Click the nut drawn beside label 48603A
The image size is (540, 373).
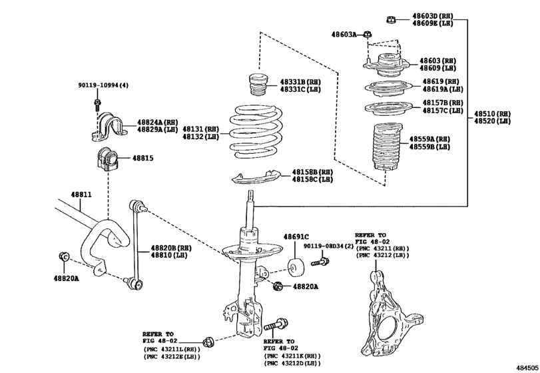pyautogui.click(x=368, y=34)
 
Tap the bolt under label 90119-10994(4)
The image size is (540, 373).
pyautogui.click(x=97, y=104)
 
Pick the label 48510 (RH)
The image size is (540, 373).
pyautogui.click(x=492, y=113)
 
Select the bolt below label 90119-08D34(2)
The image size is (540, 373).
pyautogui.click(x=318, y=264)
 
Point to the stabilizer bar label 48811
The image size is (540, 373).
pyautogui.click(x=81, y=195)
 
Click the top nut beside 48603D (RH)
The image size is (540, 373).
pyautogui.click(x=391, y=19)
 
